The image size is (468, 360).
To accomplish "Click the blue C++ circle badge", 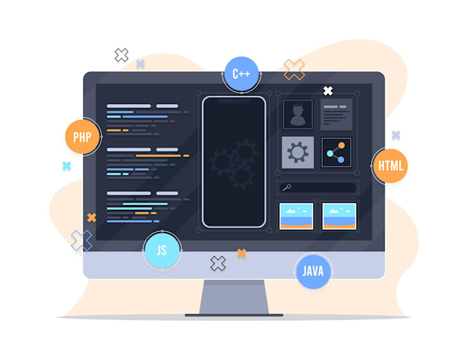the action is pyautogui.click(x=242, y=74).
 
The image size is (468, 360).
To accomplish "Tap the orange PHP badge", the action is pyautogui.click(x=83, y=137).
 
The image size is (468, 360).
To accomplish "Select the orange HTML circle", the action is pyautogui.click(x=390, y=166).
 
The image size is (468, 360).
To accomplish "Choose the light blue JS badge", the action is pyautogui.click(x=162, y=250).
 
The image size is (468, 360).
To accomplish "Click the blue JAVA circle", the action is pyautogui.click(x=313, y=271).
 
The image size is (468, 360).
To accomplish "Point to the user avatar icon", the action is pyautogui.click(x=297, y=115).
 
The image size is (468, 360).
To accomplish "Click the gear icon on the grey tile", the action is pyautogui.click(x=297, y=153).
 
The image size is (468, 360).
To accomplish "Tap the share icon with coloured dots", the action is pyautogui.click(x=336, y=153).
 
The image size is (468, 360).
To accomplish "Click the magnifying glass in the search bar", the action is pyautogui.click(x=287, y=187).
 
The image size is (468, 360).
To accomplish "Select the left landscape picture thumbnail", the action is pyautogui.click(x=296, y=216).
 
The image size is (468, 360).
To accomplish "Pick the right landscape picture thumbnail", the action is pyautogui.click(x=339, y=216).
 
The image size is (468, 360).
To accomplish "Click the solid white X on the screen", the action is pyautogui.click(x=328, y=91).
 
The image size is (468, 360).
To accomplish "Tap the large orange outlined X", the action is pyautogui.click(x=294, y=70).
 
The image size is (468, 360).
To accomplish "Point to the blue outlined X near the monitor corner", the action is pyautogui.click(x=81, y=241).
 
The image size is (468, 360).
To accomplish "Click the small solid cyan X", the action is pyautogui.click(x=67, y=166).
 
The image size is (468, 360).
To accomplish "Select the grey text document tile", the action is pyautogui.click(x=337, y=115).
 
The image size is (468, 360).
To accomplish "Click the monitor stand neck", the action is pyautogui.click(x=234, y=297).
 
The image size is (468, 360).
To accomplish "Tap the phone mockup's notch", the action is pyautogui.click(x=234, y=100).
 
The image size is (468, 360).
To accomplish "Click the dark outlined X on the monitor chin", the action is pyautogui.click(x=218, y=264).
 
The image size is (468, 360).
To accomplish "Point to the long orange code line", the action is pyautogui.click(x=158, y=156).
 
